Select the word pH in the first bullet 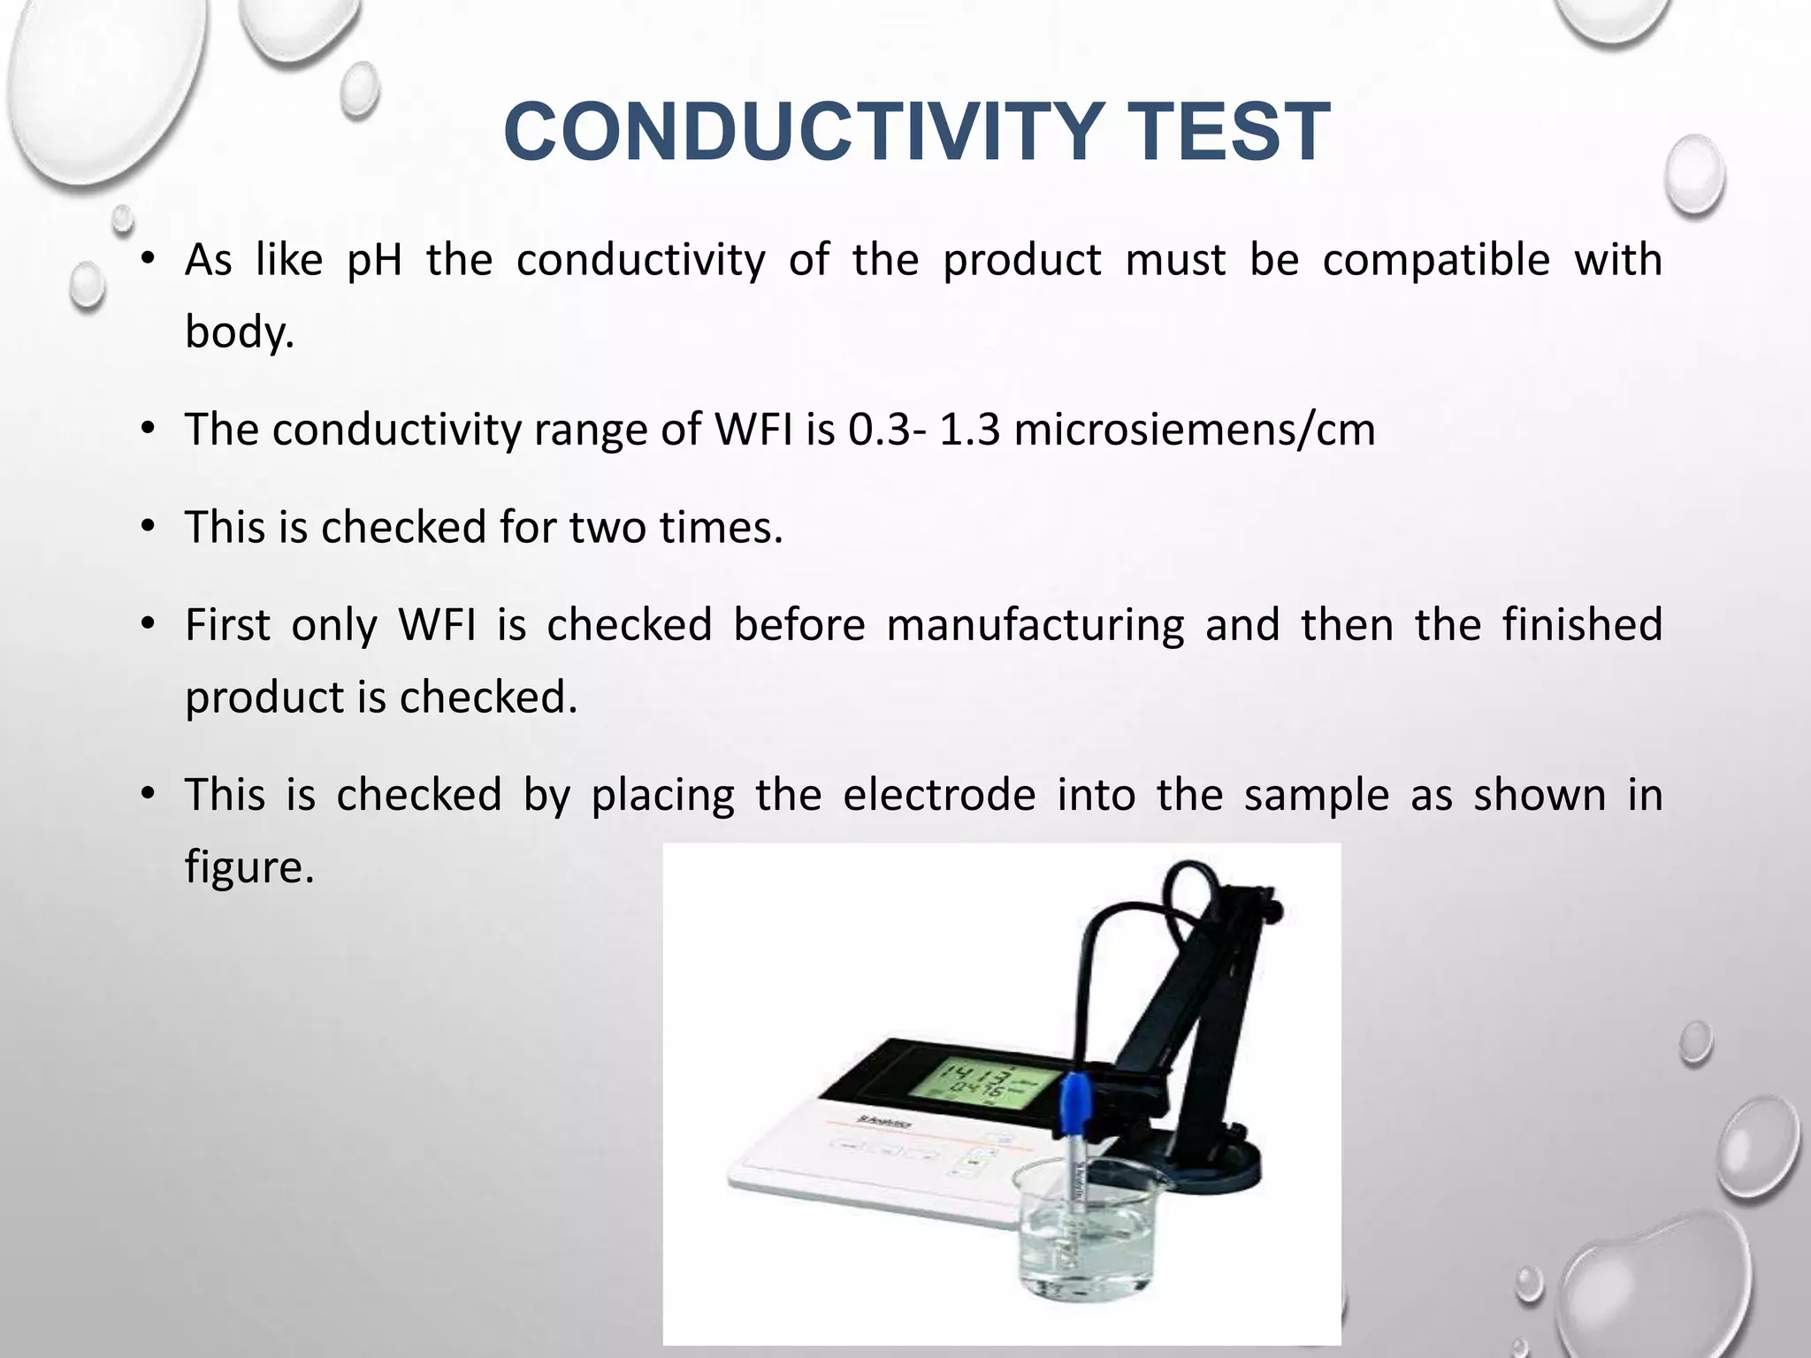point(374,260)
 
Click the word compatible point(1436,260)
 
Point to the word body point(239,332)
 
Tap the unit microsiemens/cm point(1194,430)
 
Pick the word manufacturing point(1035,625)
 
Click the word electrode point(939,794)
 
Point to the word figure point(248,866)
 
